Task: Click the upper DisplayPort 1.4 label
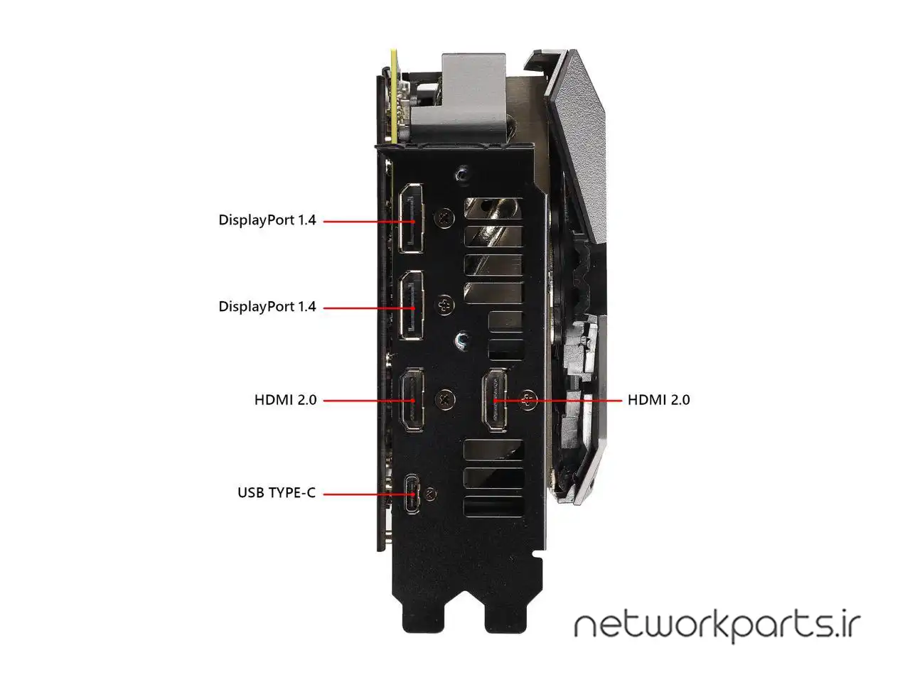tap(267, 220)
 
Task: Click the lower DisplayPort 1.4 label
tap(267, 307)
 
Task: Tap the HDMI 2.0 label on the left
tap(285, 400)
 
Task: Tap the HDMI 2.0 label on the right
tap(658, 400)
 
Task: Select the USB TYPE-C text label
tap(276, 492)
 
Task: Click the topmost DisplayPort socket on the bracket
tap(411, 219)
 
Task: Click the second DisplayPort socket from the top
tap(411, 306)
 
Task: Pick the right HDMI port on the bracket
tap(495, 400)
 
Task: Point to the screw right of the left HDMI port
tap(445, 399)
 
